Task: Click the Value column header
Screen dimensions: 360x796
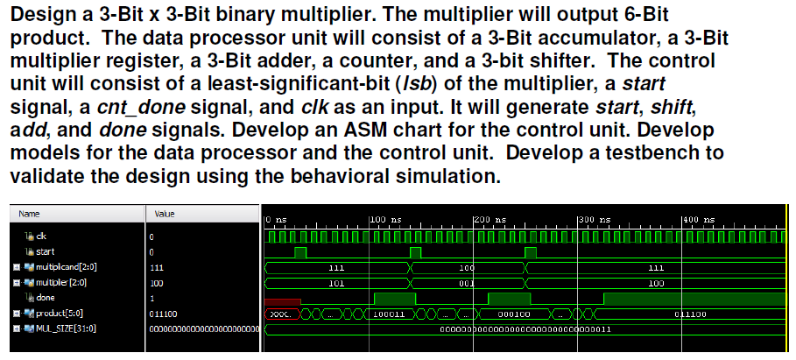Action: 164,213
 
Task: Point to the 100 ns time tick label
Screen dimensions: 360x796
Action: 384,219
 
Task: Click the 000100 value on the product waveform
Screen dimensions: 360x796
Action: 514,313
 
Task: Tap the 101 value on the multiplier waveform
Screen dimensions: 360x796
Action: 335,283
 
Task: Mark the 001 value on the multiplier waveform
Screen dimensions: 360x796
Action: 467,283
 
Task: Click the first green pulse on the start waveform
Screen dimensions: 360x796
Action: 300,252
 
